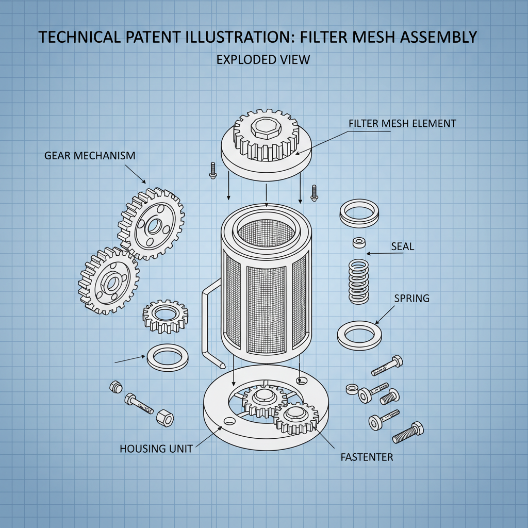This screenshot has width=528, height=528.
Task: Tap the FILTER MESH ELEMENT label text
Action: tap(402, 124)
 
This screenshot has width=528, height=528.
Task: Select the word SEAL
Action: tap(403, 247)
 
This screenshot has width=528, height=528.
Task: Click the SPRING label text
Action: tap(411, 299)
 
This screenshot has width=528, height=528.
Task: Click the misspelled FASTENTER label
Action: tap(367, 457)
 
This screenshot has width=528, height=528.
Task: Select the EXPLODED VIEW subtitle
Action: tap(263, 60)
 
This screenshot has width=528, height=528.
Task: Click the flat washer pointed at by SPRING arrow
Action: tap(359, 335)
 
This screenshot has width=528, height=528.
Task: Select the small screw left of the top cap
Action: tap(212, 170)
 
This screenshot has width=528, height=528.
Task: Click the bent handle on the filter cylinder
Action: tap(208, 325)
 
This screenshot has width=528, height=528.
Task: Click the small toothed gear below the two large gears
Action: tap(165, 315)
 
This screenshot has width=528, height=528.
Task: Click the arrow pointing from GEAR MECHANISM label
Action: tap(136, 174)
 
